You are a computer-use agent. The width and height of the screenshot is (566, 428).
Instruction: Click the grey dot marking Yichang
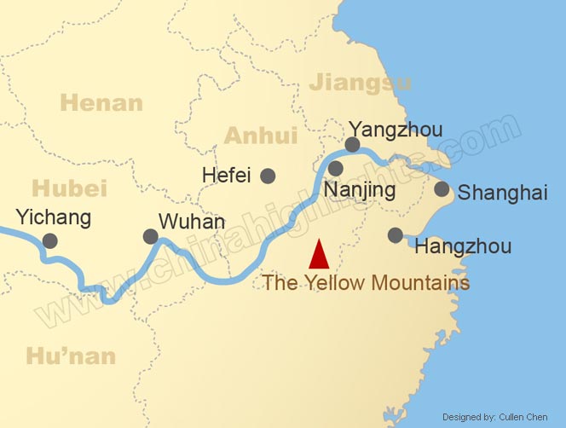tap(50, 241)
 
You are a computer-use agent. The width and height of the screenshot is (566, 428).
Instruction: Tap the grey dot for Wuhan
tap(151, 236)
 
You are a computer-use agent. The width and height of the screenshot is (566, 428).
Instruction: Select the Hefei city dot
tap(268, 176)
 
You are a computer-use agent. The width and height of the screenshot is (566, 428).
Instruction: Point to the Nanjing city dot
tap(336, 169)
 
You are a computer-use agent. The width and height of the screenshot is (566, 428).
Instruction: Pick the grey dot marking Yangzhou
tap(352, 145)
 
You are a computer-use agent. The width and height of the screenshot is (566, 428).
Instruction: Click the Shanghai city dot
tap(442, 189)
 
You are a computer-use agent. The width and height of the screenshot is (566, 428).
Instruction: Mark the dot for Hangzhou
tap(395, 234)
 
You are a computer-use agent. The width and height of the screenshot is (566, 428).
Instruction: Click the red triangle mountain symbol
tap(319, 255)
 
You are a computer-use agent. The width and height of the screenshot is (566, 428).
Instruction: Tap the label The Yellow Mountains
tap(366, 282)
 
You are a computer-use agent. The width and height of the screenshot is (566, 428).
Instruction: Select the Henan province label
tap(102, 104)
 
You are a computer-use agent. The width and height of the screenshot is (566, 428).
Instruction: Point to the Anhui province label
tap(260, 136)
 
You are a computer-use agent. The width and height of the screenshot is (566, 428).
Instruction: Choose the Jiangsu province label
tap(361, 82)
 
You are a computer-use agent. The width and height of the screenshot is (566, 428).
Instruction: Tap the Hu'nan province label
tap(71, 356)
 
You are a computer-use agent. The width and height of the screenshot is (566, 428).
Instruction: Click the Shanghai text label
tap(502, 194)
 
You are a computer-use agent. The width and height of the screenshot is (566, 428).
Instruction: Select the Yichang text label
tap(53, 217)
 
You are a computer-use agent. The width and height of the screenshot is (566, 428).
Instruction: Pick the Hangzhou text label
tap(462, 247)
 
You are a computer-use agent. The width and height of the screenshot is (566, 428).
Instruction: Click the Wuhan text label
tap(192, 223)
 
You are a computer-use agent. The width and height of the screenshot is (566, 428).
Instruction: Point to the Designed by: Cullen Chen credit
tap(500, 417)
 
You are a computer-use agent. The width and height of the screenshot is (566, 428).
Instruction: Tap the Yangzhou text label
tap(396, 130)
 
